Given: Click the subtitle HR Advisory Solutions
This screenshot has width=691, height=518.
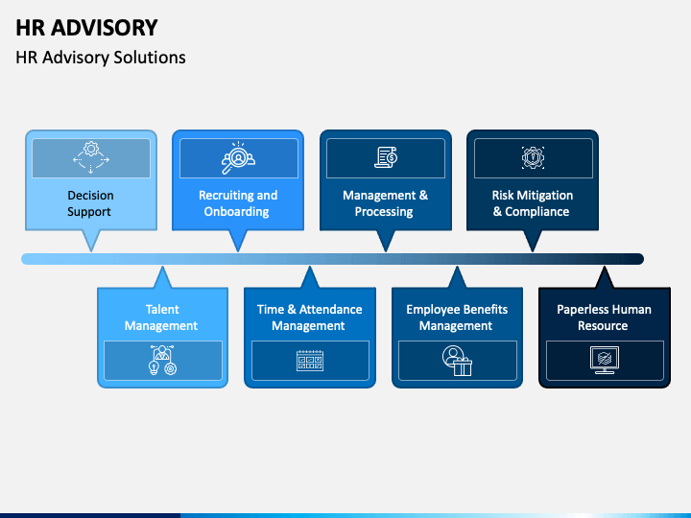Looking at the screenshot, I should pyautogui.click(x=101, y=58).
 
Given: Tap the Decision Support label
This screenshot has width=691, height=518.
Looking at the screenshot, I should pyautogui.click(x=90, y=203).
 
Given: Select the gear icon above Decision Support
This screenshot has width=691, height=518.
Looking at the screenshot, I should pyautogui.click(x=91, y=157).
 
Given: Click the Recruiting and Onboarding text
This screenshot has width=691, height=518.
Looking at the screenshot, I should pyautogui.click(x=237, y=203).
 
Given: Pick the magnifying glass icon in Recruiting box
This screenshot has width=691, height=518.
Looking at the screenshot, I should pyautogui.click(x=237, y=158).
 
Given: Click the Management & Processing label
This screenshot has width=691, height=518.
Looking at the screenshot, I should pyautogui.click(x=385, y=203).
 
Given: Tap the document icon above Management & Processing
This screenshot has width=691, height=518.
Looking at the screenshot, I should pyautogui.click(x=386, y=157).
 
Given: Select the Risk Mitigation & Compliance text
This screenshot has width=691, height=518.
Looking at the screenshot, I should pyautogui.click(x=532, y=203).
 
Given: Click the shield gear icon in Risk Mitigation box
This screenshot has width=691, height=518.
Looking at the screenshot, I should pyautogui.click(x=533, y=157).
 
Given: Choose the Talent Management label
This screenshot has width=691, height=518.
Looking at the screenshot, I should pyautogui.click(x=162, y=318).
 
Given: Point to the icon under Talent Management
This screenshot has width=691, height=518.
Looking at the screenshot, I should pyautogui.click(x=162, y=360).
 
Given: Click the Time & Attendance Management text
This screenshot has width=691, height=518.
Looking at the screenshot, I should pyautogui.click(x=309, y=318).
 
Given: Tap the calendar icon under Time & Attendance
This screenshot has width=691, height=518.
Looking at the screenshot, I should pyautogui.click(x=309, y=360).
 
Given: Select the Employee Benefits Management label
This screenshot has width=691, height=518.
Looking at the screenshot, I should pyautogui.click(x=457, y=318).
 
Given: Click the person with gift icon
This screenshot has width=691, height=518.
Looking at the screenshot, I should pyautogui.click(x=457, y=360).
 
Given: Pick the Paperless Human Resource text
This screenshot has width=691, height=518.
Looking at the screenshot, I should pyautogui.click(x=604, y=318).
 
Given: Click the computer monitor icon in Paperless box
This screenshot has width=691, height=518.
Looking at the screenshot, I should pyautogui.click(x=604, y=360).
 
